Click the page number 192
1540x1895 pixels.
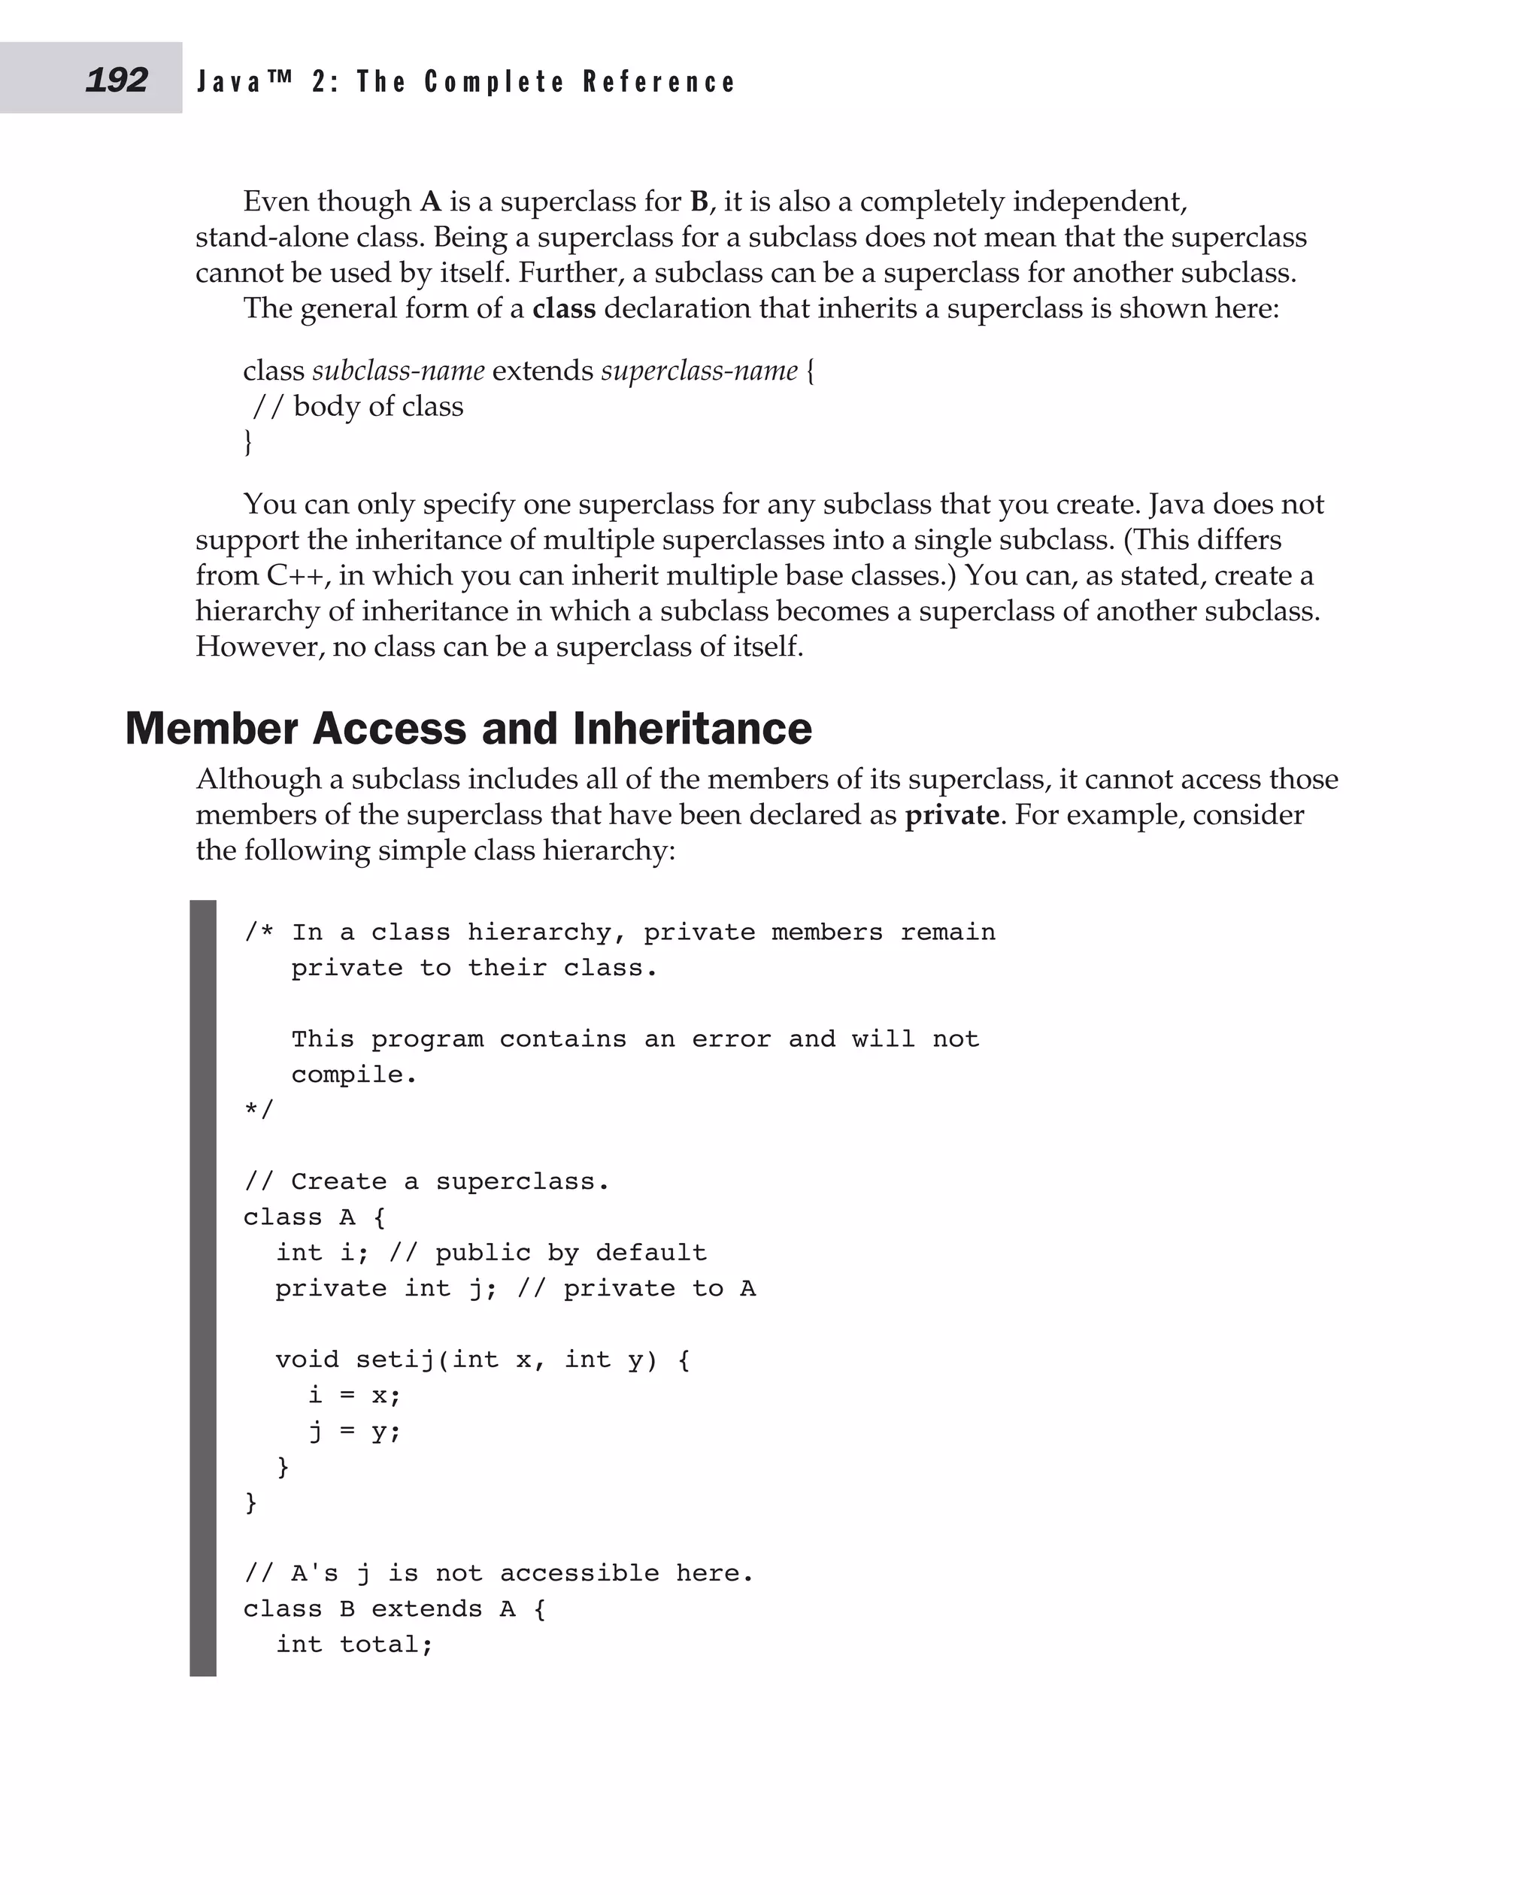coord(117,80)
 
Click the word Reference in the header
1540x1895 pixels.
coord(659,82)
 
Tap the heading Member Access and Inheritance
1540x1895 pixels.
coord(468,729)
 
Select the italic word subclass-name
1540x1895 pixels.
coord(399,370)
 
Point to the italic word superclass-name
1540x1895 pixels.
coord(699,370)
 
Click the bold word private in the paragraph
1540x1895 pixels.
coord(951,814)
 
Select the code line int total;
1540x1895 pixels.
coord(354,1644)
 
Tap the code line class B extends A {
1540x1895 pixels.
coord(395,1608)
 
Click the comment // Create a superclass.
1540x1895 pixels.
coord(426,1181)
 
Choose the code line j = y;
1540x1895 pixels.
coord(355,1431)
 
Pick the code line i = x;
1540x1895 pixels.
coord(355,1396)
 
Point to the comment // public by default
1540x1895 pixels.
coord(547,1253)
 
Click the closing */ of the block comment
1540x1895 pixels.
coord(259,1110)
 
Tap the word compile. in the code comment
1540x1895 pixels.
coord(354,1075)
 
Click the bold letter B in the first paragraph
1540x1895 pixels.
coord(699,202)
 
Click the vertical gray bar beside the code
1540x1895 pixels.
coord(203,1287)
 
